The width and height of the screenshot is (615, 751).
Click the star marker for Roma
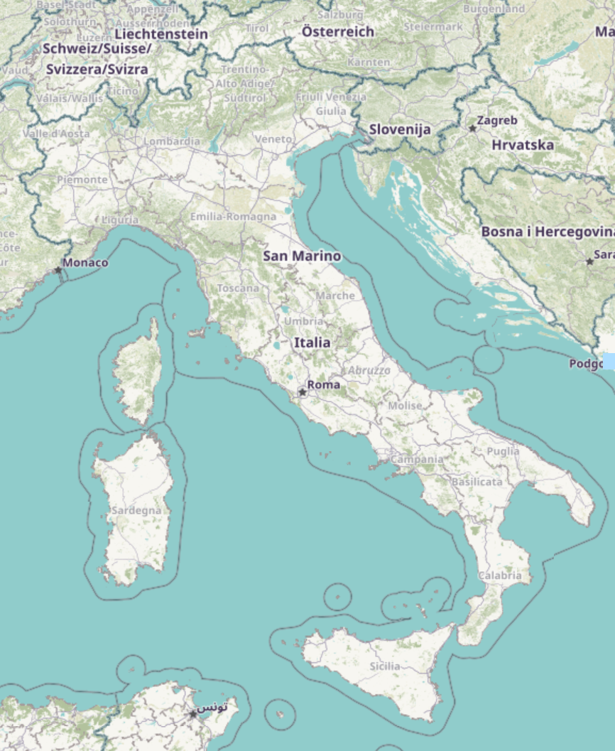click(303, 391)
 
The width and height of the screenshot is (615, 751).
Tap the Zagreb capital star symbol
click(472, 128)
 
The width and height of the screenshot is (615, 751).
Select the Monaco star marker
click(58, 269)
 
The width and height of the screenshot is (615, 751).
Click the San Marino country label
click(302, 256)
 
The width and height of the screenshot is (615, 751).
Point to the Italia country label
click(312, 342)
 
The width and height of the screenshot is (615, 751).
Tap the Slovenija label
click(400, 129)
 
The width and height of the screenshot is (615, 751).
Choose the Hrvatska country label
click(523, 145)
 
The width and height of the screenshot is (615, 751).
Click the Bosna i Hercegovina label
click(548, 232)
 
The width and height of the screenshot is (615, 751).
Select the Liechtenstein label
click(160, 34)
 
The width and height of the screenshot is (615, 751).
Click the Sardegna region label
click(131, 510)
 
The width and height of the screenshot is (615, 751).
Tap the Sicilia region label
click(385, 666)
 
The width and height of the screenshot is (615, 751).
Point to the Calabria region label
click(500, 576)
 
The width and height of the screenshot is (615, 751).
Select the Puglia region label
click(503, 451)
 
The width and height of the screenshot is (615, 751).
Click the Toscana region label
click(238, 288)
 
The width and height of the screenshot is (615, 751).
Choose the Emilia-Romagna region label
click(233, 216)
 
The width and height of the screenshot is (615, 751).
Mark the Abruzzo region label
click(369, 370)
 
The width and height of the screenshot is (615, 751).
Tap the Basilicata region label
click(477, 482)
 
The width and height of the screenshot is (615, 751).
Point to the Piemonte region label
click(82, 179)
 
